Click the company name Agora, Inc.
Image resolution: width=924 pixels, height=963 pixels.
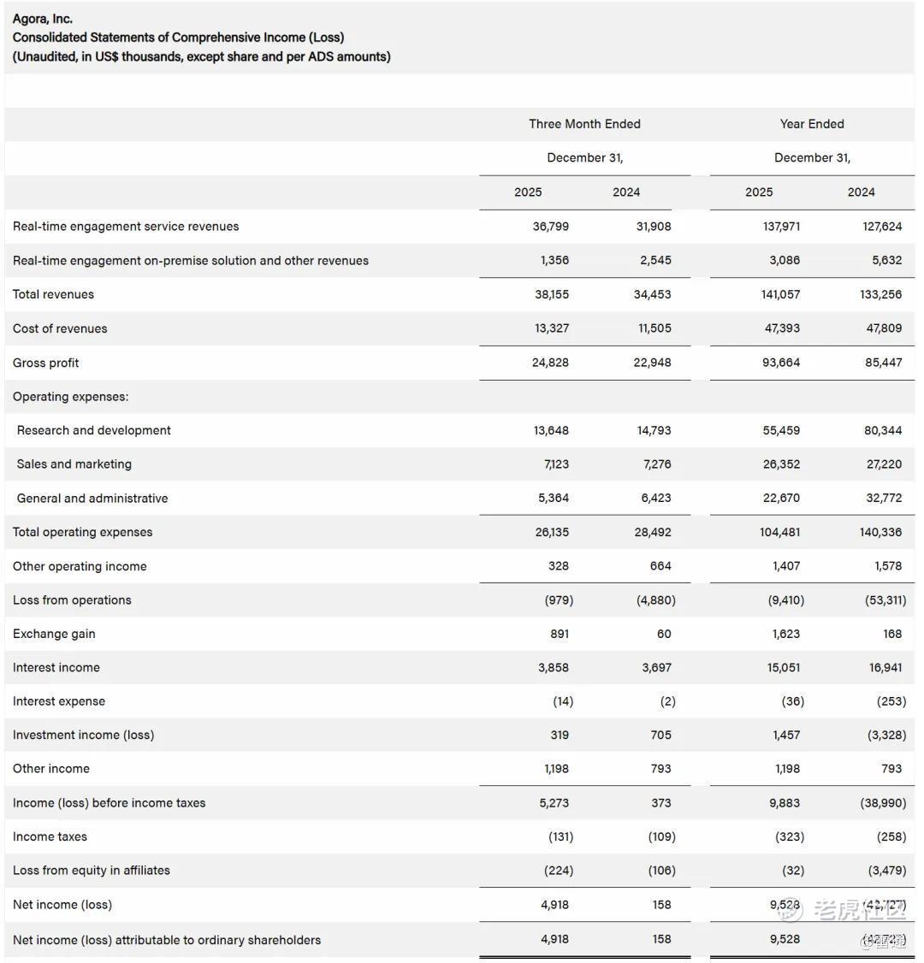pyautogui.click(x=42, y=19)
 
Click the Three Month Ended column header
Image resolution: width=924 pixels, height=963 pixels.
pyautogui.click(x=584, y=124)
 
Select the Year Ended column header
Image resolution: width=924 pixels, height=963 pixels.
pyautogui.click(x=811, y=124)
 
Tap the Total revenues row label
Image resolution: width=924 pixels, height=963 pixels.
pyautogui.click(x=53, y=294)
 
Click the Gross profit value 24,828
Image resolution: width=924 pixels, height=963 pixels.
pyautogui.click(x=550, y=363)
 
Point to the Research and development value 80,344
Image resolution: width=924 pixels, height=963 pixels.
pyautogui.click(x=883, y=430)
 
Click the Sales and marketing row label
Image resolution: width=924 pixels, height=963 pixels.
pyautogui.click(x=74, y=464)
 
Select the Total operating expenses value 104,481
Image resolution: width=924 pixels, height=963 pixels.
pyautogui.click(x=779, y=532)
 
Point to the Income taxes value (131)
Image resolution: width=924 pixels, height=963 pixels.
pyautogui.click(x=560, y=836)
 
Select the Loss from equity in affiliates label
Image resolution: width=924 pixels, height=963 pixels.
pyautogui.click(x=92, y=871)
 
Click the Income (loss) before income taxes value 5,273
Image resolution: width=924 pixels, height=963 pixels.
pyautogui.click(x=554, y=803)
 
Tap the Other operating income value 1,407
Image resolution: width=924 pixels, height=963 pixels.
pyautogui.click(x=784, y=566)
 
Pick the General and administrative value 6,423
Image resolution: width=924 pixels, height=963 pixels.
pyautogui.click(x=655, y=498)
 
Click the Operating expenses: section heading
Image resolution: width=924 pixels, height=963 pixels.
pyautogui.click(x=71, y=397)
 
